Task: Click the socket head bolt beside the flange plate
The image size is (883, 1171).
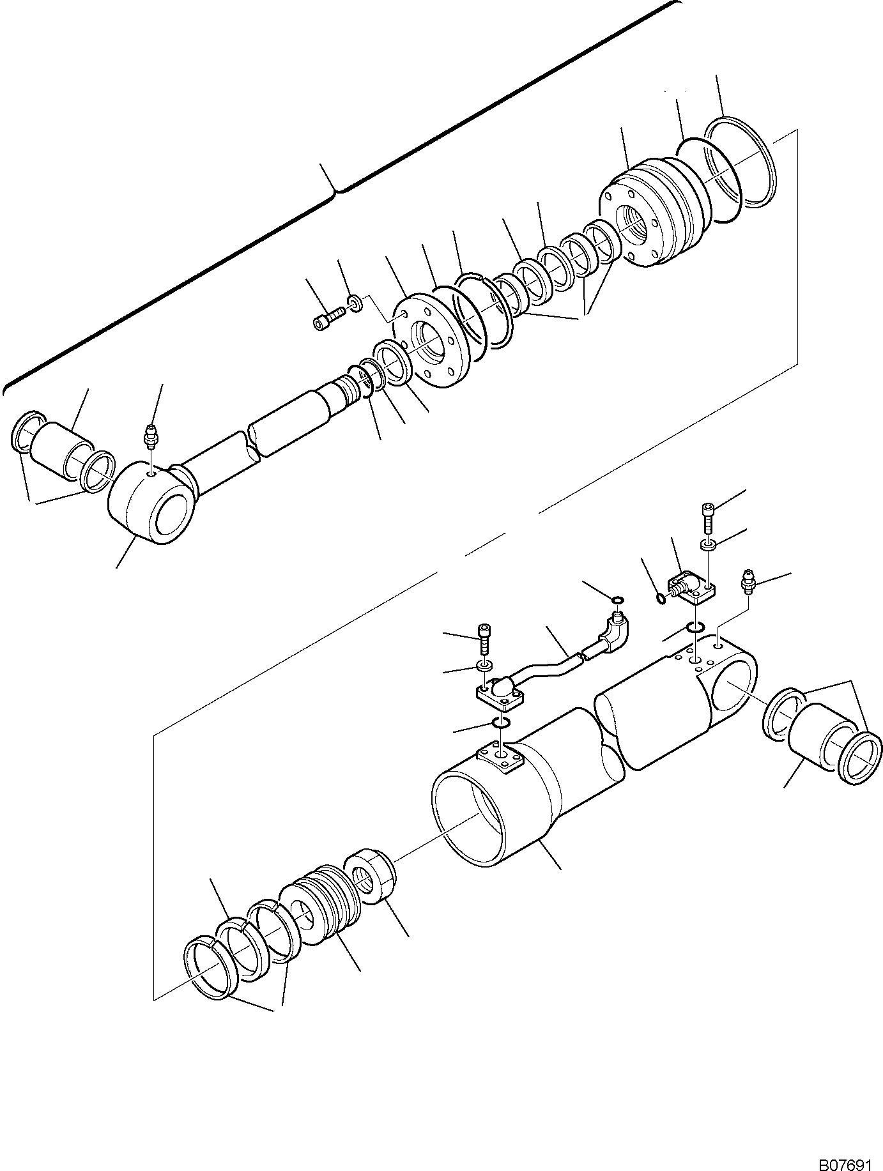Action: [328, 318]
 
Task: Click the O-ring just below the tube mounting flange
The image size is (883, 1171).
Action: [502, 723]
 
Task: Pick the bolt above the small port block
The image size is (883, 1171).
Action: [709, 516]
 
